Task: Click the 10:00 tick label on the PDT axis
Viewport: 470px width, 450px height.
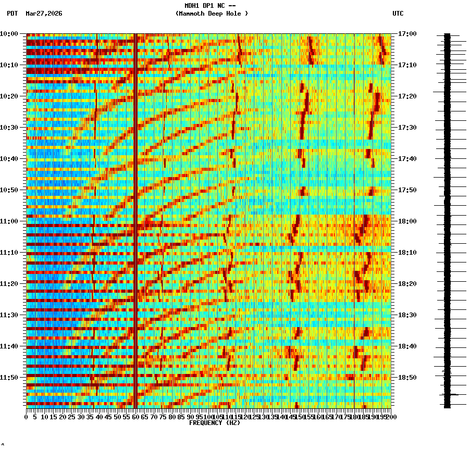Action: (x=9, y=34)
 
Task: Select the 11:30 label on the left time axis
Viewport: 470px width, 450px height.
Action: (x=9, y=315)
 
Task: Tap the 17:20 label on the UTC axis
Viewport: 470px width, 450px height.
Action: (x=407, y=96)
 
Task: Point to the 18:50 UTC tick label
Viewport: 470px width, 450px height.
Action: (x=407, y=378)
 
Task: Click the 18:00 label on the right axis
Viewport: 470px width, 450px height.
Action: (x=407, y=221)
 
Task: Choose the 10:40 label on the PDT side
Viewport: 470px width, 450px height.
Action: (x=9, y=159)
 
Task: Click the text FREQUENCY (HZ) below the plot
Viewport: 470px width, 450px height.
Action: (x=215, y=423)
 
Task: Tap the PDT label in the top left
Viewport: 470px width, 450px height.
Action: (x=13, y=14)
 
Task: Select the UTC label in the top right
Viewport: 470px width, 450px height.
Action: (x=398, y=14)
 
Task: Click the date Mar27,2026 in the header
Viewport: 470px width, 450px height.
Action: (x=44, y=14)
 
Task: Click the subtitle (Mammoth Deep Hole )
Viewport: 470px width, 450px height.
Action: (x=212, y=14)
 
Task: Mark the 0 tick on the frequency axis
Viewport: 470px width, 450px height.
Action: (x=27, y=417)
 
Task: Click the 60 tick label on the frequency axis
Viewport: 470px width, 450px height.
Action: (x=135, y=417)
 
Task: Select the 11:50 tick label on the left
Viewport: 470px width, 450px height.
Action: (x=9, y=378)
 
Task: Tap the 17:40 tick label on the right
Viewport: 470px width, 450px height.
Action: (x=407, y=159)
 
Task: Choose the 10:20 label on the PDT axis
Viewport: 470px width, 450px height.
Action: (x=9, y=96)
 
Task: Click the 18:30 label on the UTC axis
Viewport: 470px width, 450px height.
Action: (x=407, y=315)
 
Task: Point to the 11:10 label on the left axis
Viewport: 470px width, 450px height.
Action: (x=9, y=253)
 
